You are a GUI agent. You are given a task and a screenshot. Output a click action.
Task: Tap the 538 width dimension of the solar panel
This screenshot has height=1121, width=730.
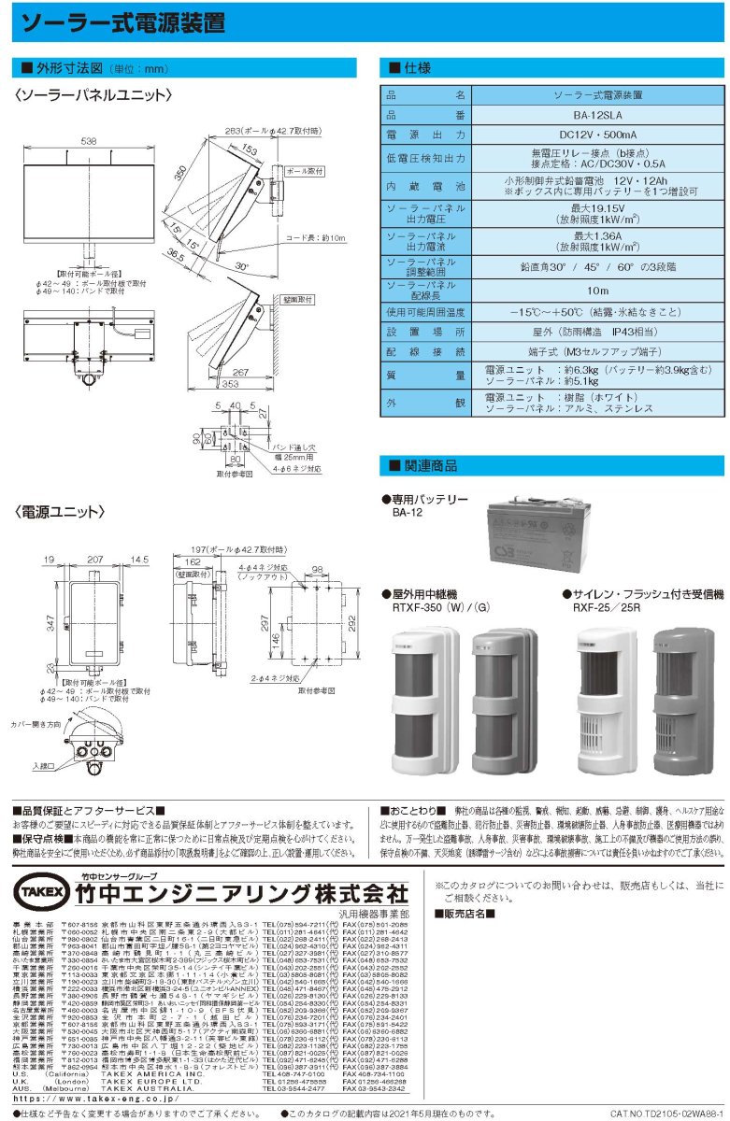(x=89, y=141)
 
